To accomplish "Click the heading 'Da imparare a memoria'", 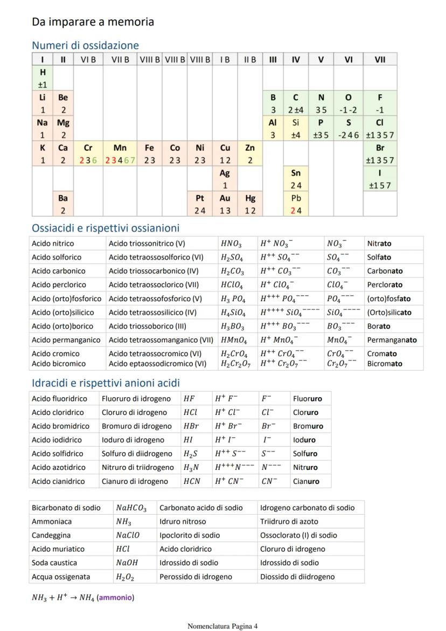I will (x=93, y=22).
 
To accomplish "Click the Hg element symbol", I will (x=250, y=198).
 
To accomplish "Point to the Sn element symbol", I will (x=296, y=173).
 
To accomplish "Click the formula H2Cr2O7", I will (x=234, y=364).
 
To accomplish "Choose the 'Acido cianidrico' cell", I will (x=58, y=481).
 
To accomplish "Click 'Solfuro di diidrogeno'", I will (x=137, y=454).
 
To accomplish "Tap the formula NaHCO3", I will (x=131, y=508).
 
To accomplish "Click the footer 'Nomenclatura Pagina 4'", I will (x=222, y=626).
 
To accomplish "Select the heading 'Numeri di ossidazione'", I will (x=85, y=45).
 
